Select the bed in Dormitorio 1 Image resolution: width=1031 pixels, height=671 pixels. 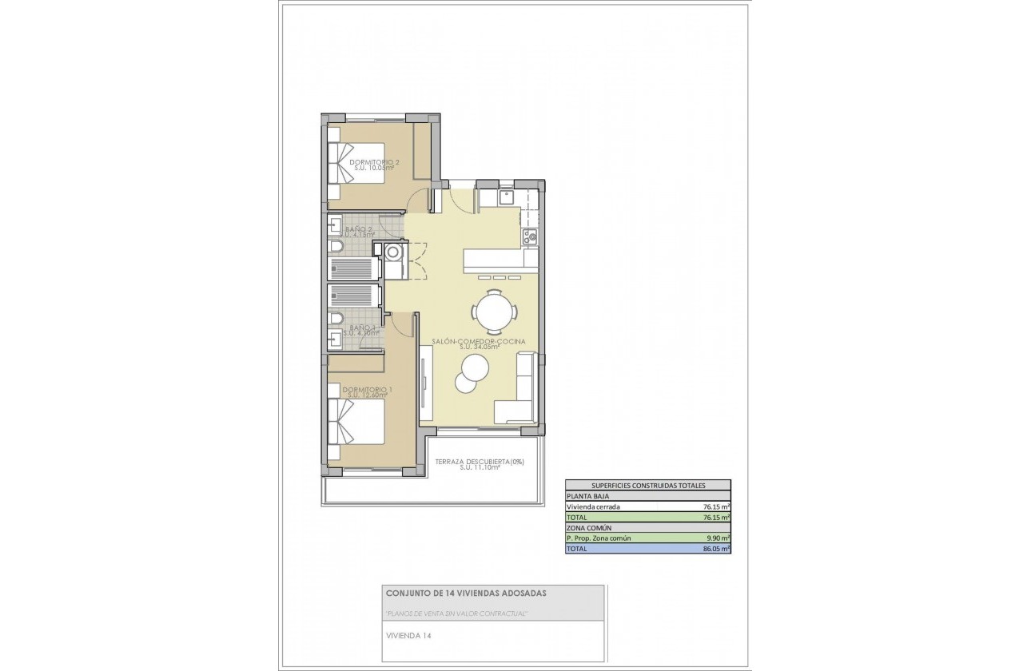356,421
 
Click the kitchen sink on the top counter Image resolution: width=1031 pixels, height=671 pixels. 506,197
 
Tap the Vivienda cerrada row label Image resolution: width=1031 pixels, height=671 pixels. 593,506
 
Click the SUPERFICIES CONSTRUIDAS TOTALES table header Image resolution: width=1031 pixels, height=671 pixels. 647,485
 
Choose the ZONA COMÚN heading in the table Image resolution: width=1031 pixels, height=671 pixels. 589,528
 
